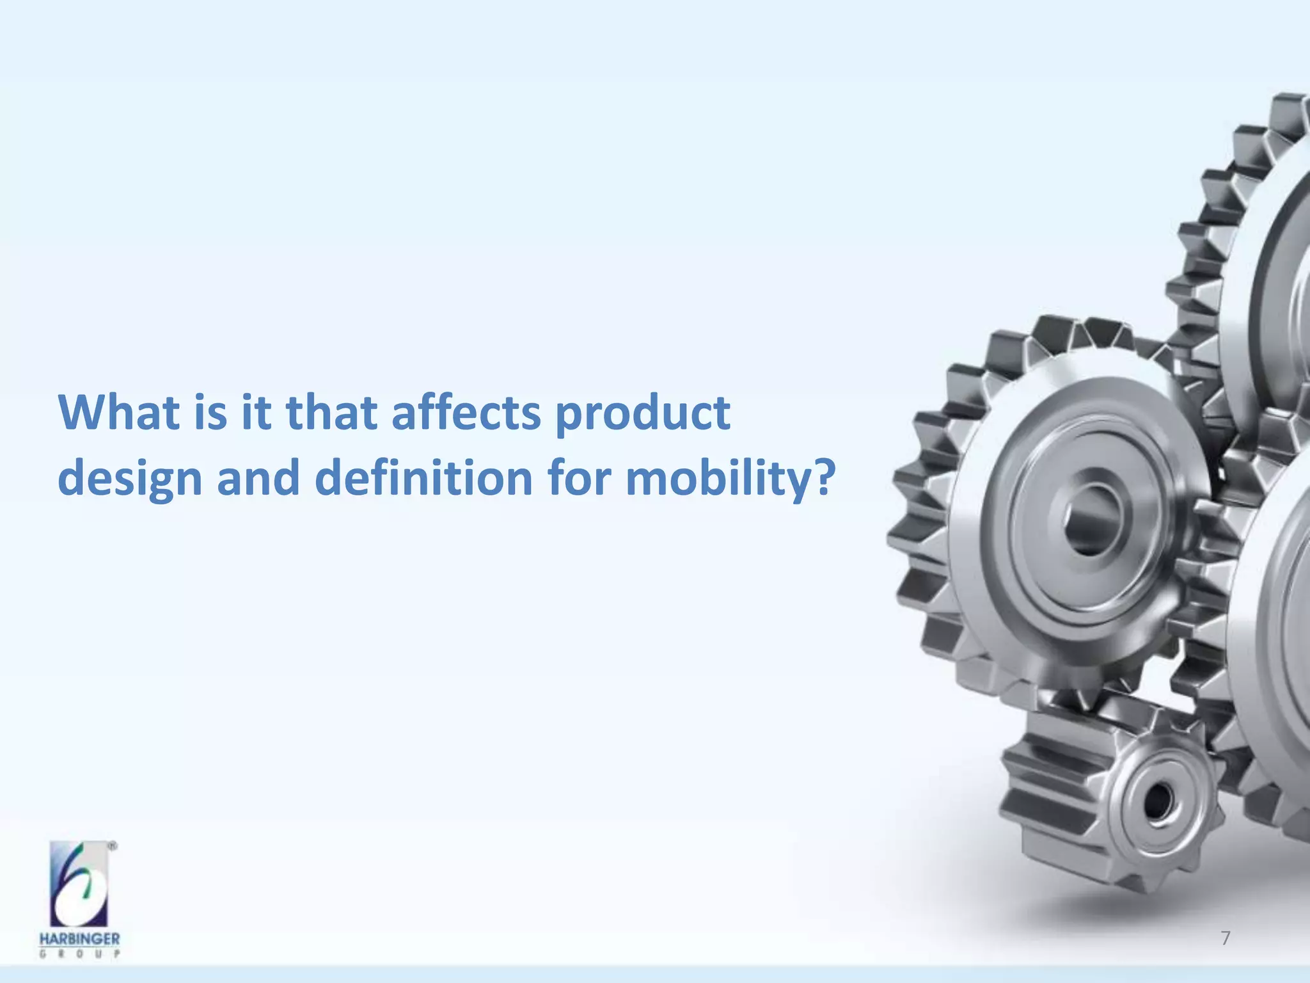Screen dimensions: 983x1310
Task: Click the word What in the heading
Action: coord(118,413)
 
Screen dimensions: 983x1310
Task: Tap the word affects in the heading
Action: coord(466,413)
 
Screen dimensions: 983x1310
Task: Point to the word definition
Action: coord(423,478)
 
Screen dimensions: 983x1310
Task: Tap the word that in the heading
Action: coord(331,413)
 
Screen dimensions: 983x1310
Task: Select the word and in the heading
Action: coord(258,478)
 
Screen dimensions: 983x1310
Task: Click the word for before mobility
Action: coord(578,478)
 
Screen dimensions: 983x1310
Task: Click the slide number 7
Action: coord(1225,938)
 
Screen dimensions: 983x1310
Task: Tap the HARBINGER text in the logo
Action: coord(79,939)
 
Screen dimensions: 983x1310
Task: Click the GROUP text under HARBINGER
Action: coord(79,954)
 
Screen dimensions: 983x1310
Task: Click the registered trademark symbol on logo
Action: coord(113,846)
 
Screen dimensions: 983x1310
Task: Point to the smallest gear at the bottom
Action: coord(1113,800)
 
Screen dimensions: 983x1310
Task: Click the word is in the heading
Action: coord(210,413)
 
